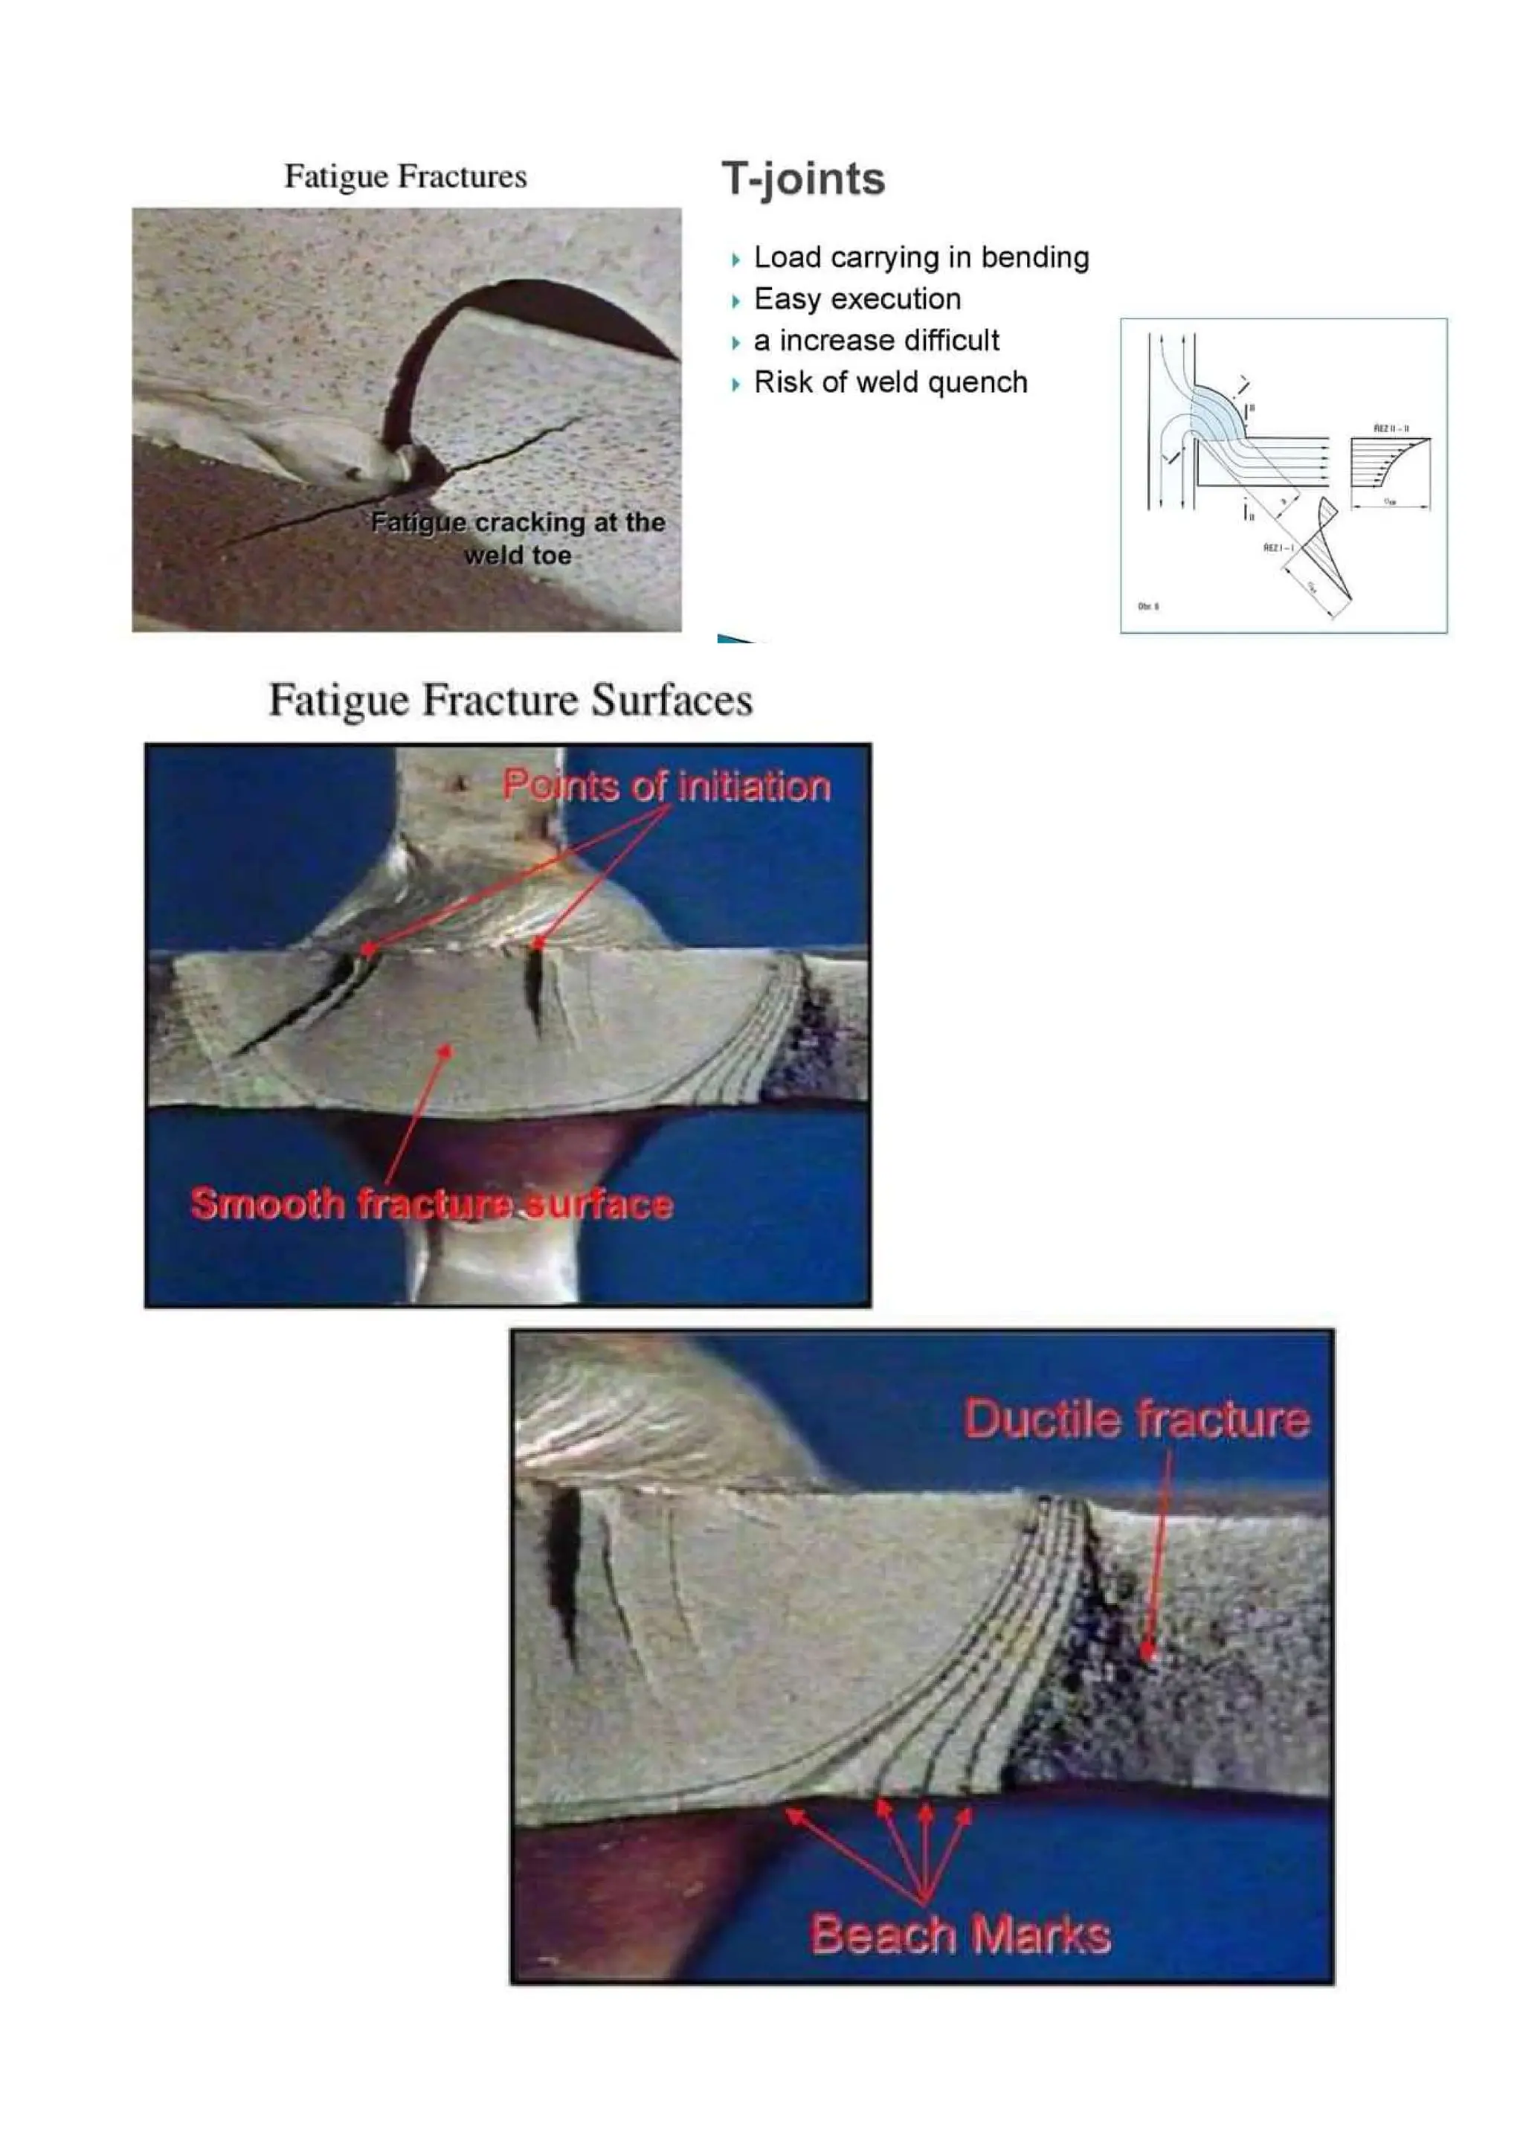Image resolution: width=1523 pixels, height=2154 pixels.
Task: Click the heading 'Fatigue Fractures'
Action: pyautogui.click(x=405, y=176)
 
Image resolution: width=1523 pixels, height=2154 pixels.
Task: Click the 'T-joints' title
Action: pyautogui.click(x=802, y=179)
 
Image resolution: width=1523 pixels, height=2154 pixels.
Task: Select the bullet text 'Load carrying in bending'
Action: pyautogui.click(x=921, y=257)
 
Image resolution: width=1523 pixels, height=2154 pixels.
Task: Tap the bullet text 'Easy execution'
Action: pyautogui.click(x=857, y=299)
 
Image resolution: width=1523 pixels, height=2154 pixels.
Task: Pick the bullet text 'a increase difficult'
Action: pyautogui.click(x=876, y=341)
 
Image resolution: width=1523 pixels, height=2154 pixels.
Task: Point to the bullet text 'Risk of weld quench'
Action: pyautogui.click(x=890, y=383)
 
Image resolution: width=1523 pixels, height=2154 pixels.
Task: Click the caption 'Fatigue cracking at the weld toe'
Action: pyautogui.click(x=518, y=538)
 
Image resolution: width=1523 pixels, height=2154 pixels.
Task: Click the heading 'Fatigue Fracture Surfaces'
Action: pyautogui.click(x=510, y=701)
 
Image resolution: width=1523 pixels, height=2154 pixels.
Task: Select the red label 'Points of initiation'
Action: pyautogui.click(x=666, y=786)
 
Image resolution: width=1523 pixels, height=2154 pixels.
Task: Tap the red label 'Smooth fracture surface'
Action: pyautogui.click(x=431, y=1203)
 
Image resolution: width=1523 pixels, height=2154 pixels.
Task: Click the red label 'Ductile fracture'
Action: pyautogui.click(x=1136, y=1418)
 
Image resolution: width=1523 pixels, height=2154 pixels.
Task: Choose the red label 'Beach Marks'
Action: pyautogui.click(x=960, y=1935)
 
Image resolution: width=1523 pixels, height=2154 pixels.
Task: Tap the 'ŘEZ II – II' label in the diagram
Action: pyautogui.click(x=1391, y=428)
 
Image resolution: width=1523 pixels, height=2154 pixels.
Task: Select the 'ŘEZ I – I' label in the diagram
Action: pyautogui.click(x=1279, y=547)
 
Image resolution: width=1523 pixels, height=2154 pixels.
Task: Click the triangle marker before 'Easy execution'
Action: pyautogui.click(x=736, y=301)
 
